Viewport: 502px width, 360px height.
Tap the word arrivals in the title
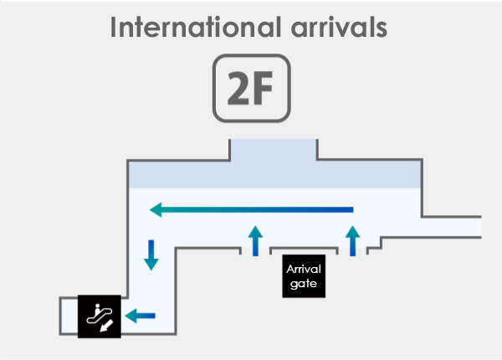[x=339, y=27]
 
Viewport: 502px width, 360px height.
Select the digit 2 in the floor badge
[x=238, y=89]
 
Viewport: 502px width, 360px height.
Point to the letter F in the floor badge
[x=263, y=89]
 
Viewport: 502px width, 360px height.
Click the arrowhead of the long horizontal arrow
[x=156, y=210]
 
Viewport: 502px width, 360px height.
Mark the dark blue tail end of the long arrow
[x=351, y=210]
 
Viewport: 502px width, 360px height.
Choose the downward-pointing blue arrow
[x=151, y=255]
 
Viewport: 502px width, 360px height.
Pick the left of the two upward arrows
[x=255, y=241]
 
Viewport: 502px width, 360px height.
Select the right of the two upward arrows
[x=352, y=241]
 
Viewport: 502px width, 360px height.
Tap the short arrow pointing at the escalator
[x=140, y=316]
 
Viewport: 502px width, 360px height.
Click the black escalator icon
[x=100, y=316]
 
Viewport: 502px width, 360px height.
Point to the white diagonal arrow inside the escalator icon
[x=106, y=326]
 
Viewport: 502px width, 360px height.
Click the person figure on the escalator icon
[x=97, y=310]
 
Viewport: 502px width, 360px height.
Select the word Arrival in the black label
[x=304, y=269]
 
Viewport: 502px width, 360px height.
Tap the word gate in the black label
[x=304, y=284]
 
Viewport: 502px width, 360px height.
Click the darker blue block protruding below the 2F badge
[x=274, y=150]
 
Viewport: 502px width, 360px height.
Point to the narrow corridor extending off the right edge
[x=452, y=227]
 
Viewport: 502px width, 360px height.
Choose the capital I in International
[x=113, y=27]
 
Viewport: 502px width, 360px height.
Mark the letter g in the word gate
[x=294, y=285]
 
